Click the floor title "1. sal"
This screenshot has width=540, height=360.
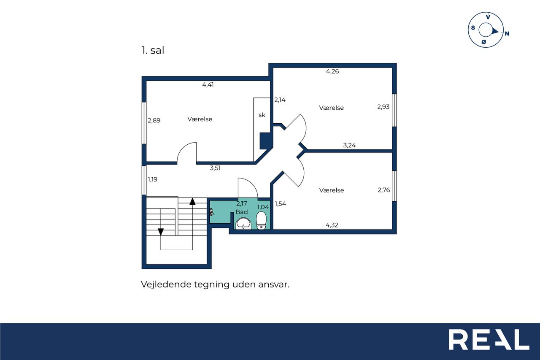coord(153,50)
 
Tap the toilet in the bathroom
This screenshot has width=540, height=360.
coord(261,220)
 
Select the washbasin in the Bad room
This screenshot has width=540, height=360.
coord(243,223)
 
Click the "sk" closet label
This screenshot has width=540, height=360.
coord(262,115)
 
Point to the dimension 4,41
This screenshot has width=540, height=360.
coord(208,85)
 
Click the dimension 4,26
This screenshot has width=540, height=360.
coord(332,71)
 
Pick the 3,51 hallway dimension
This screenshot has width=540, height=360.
coord(215,168)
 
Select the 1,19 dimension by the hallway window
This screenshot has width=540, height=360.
coord(153,179)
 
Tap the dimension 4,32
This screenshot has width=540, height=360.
coord(332,225)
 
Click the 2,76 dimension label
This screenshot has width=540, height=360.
coord(383,190)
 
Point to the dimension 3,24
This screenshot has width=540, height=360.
coord(349,145)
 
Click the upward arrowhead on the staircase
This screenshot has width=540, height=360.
coord(192,201)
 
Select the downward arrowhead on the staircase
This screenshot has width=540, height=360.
coord(161,232)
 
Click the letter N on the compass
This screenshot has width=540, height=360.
coord(507,33)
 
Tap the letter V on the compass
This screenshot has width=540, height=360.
coord(488,17)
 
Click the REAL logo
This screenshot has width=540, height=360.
coord(489,339)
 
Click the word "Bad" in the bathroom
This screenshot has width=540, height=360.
coord(242,212)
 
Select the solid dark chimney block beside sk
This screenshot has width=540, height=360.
coord(266,141)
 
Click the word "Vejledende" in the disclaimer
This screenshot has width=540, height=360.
coord(166,284)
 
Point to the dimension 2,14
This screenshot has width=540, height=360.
coord(280,100)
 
